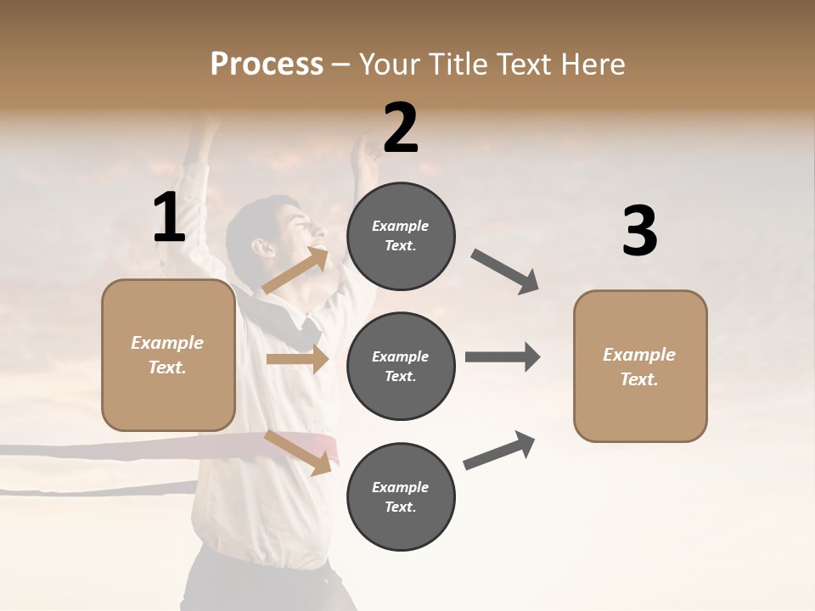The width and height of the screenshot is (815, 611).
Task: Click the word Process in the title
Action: pyautogui.click(x=267, y=64)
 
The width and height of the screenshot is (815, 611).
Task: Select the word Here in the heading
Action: pyautogui.click(x=592, y=64)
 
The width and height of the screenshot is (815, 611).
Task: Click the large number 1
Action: pyautogui.click(x=169, y=218)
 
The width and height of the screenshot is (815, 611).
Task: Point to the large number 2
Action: pyautogui.click(x=401, y=128)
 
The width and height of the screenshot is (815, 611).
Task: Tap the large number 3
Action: pyautogui.click(x=639, y=232)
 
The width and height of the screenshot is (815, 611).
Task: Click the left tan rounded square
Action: pyautogui.click(x=168, y=355)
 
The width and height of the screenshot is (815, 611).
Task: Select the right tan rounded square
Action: pyautogui.click(x=640, y=366)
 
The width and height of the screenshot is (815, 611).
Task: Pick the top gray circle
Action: pyautogui.click(x=401, y=236)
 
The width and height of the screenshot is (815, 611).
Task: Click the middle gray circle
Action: pyautogui.click(x=401, y=366)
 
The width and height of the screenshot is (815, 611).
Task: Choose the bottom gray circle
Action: pyautogui.click(x=401, y=496)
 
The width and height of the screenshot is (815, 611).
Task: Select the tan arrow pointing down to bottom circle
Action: pyautogui.click(x=298, y=452)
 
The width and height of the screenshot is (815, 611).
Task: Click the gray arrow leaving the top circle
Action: pyautogui.click(x=505, y=272)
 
